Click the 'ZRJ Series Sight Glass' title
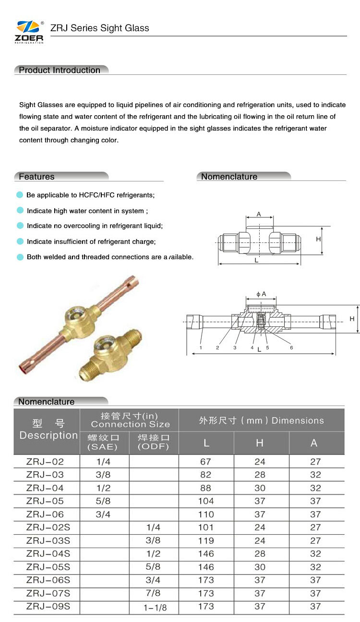pyautogui.click(x=100, y=28)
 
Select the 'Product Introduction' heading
pyautogui.click(x=60, y=70)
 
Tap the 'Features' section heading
pyautogui.click(x=36, y=177)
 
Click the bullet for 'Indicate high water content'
pyautogui.click(x=20, y=211)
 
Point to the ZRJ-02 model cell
pyautogui.click(x=45, y=462)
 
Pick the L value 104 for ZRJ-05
pyautogui.click(x=206, y=501)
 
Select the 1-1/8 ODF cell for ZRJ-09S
pyautogui.click(x=155, y=608)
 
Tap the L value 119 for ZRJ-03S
pyautogui.click(x=206, y=540)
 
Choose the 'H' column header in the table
pyautogui.click(x=260, y=443)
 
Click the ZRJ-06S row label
pyautogui.click(x=48, y=580)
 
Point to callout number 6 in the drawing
pyautogui.click(x=291, y=347)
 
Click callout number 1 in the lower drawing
pyautogui.click(x=201, y=347)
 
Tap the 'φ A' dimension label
pyautogui.click(x=261, y=294)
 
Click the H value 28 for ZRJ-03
pyautogui.click(x=260, y=475)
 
